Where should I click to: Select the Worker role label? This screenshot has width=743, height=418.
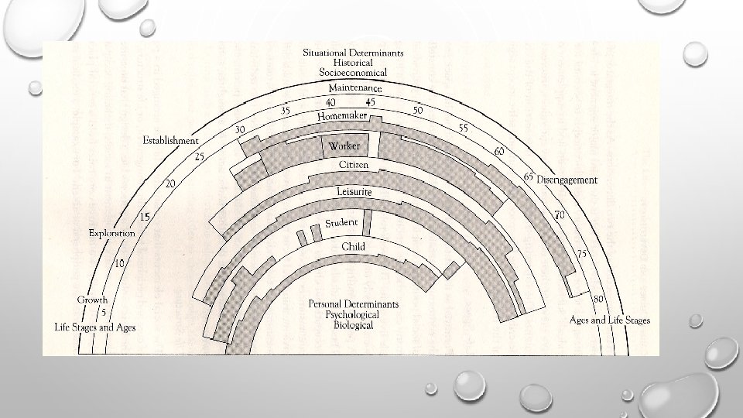(x=344, y=146)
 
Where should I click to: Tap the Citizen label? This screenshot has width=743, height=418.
(x=353, y=165)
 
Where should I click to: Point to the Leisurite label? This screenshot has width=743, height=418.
(x=354, y=191)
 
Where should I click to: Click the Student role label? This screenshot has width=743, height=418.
(x=341, y=223)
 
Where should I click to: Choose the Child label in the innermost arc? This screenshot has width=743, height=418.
(x=353, y=246)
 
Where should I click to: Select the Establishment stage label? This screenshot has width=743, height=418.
(x=170, y=141)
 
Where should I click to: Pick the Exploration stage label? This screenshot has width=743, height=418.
(x=111, y=232)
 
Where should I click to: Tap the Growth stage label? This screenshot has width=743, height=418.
(x=92, y=300)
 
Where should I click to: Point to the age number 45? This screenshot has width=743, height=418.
(x=371, y=102)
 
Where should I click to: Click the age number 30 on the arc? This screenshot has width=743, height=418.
(x=240, y=129)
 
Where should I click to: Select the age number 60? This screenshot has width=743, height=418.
(x=499, y=151)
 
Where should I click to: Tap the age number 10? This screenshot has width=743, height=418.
(x=120, y=264)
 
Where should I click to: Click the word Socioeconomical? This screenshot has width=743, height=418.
(x=353, y=72)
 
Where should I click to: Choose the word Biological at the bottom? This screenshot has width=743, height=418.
(x=353, y=325)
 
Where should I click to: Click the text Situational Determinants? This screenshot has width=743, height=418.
(x=353, y=53)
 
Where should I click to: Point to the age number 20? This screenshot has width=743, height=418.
(x=169, y=183)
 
